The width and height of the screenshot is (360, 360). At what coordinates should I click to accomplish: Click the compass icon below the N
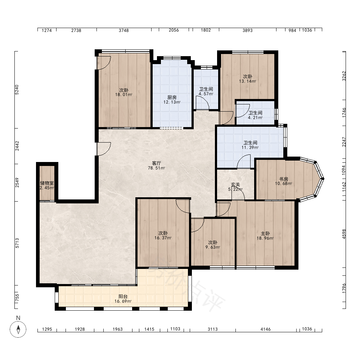[x=18, y=329]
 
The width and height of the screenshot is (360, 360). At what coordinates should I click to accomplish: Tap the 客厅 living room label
[x=156, y=163]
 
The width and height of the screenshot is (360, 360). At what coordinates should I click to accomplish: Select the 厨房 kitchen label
[x=172, y=98]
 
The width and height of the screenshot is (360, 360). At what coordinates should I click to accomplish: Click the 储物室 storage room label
[x=47, y=183]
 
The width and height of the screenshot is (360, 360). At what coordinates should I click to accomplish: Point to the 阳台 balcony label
[x=123, y=297]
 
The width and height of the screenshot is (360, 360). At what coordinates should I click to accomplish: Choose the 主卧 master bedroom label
[x=265, y=234]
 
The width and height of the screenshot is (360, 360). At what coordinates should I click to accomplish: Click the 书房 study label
[x=284, y=179]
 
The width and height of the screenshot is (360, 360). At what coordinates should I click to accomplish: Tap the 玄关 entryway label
[x=235, y=184]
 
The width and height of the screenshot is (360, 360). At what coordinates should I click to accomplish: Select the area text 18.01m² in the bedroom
[x=123, y=95]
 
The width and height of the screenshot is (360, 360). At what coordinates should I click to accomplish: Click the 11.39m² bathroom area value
[x=250, y=147]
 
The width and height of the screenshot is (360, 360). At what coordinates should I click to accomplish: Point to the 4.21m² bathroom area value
[x=255, y=118]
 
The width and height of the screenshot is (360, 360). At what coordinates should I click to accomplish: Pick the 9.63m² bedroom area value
[x=213, y=247]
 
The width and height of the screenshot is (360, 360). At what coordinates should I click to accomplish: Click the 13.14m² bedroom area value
[x=248, y=81]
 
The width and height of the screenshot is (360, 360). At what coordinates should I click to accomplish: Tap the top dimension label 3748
[x=123, y=30]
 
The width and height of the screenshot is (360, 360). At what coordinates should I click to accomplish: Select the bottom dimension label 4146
[x=265, y=329]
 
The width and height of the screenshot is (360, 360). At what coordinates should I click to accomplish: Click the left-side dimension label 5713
[x=17, y=243]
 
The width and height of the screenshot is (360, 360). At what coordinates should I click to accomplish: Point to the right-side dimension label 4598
[x=344, y=234]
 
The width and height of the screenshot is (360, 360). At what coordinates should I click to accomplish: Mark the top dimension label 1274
[x=46, y=30]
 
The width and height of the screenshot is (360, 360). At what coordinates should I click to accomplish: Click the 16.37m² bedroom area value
[x=163, y=238]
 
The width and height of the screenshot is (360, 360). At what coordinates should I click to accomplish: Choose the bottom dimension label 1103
[x=175, y=329]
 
